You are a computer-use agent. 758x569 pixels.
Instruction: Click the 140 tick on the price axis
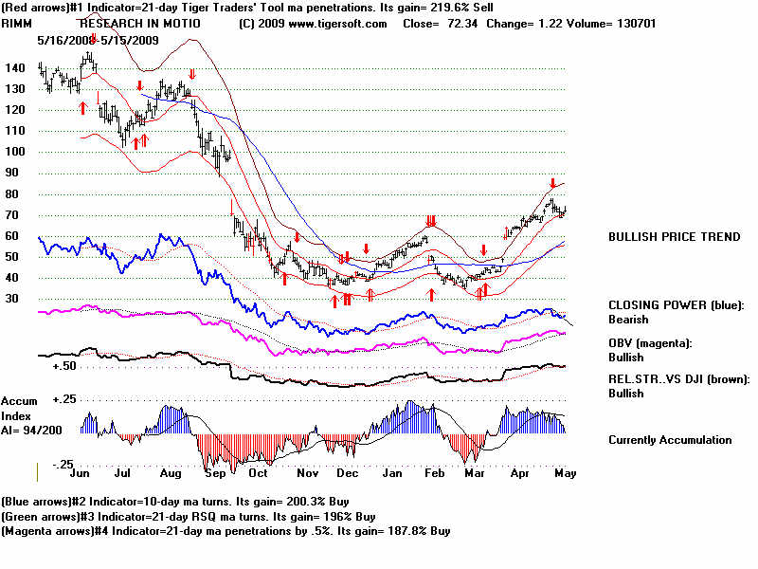(x=13, y=68)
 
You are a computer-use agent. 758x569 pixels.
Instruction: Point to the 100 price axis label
(x=13, y=152)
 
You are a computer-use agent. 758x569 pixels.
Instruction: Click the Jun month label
(x=81, y=471)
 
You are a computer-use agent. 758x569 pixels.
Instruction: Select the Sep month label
(x=214, y=471)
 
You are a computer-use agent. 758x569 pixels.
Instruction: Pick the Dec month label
(x=347, y=471)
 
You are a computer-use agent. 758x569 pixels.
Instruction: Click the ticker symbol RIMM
(x=18, y=24)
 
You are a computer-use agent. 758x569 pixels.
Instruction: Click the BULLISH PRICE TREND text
(x=675, y=237)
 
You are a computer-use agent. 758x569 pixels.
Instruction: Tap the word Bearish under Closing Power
(x=627, y=320)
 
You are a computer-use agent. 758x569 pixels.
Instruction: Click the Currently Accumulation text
(x=670, y=440)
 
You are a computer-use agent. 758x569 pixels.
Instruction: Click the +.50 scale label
(x=63, y=365)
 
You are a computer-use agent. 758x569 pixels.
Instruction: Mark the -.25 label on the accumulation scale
(x=62, y=464)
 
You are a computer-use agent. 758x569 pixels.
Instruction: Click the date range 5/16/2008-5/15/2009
(x=97, y=40)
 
